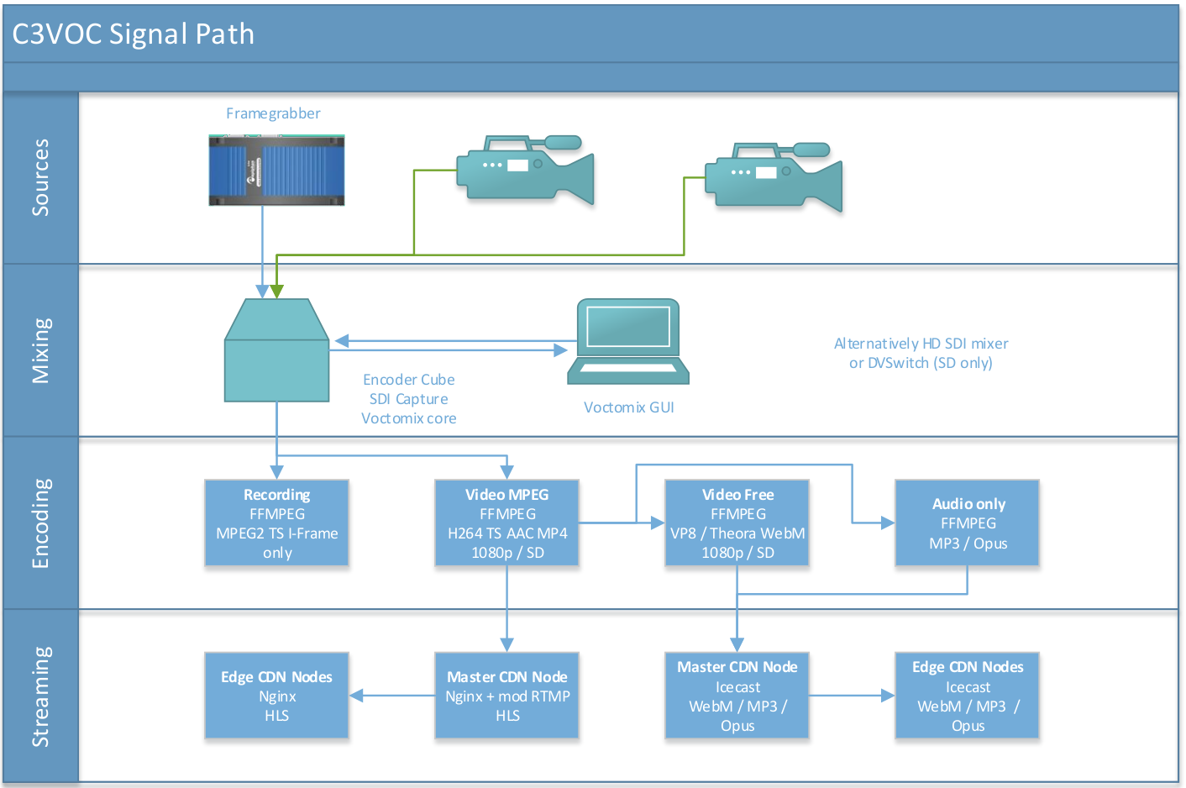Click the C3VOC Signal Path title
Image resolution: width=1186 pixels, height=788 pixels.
tap(133, 34)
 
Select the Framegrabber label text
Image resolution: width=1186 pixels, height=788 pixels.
tap(273, 113)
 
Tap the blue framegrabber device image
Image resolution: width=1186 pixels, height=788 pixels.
tap(276, 170)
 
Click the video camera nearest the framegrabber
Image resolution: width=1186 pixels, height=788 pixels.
tap(525, 170)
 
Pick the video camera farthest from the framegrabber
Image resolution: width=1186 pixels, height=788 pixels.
tap(774, 177)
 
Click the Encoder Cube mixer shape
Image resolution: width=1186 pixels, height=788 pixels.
tap(276, 350)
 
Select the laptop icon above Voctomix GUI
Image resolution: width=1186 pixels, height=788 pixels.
tap(628, 341)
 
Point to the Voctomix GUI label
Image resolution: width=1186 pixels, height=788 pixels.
tap(628, 407)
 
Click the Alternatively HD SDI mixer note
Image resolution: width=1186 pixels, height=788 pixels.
tap(921, 353)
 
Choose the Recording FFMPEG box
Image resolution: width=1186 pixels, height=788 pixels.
tap(276, 523)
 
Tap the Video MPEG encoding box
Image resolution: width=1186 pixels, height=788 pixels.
tap(506, 523)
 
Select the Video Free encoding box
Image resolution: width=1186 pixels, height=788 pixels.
tap(737, 523)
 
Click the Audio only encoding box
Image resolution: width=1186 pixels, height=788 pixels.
tap(968, 523)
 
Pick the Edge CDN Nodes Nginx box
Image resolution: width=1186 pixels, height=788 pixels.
tap(276, 696)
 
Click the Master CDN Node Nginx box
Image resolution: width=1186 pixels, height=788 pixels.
tap(506, 696)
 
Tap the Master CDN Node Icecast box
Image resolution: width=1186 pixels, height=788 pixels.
tap(737, 696)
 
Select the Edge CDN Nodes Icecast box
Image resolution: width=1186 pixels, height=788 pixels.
tap(968, 696)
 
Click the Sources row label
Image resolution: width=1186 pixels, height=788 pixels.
tap(40, 177)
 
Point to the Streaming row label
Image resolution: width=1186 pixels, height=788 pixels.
tap(40, 696)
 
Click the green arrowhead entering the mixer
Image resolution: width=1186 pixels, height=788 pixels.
tap(277, 292)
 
